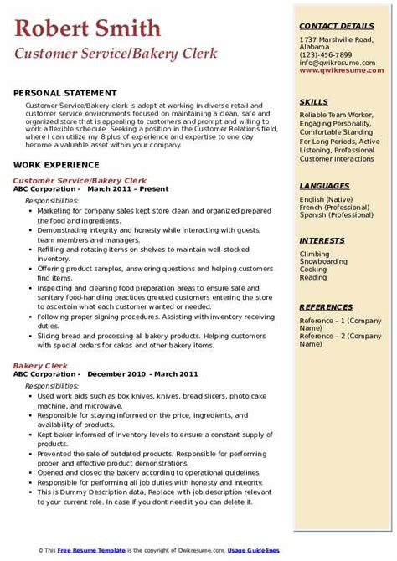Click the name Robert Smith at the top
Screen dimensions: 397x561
click(x=87, y=28)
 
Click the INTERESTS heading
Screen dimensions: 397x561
click(x=323, y=240)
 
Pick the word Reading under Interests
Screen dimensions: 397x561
click(x=314, y=278)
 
